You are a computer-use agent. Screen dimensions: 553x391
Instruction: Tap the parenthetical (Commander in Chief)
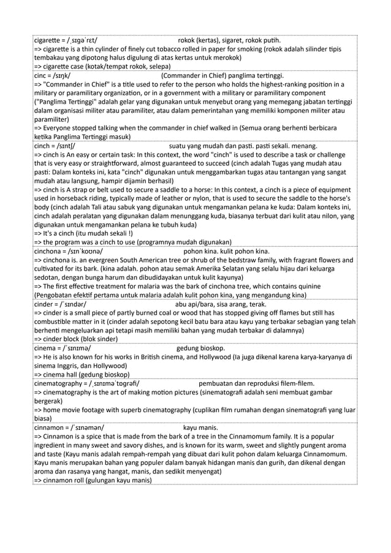click(x=196, y=75)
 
